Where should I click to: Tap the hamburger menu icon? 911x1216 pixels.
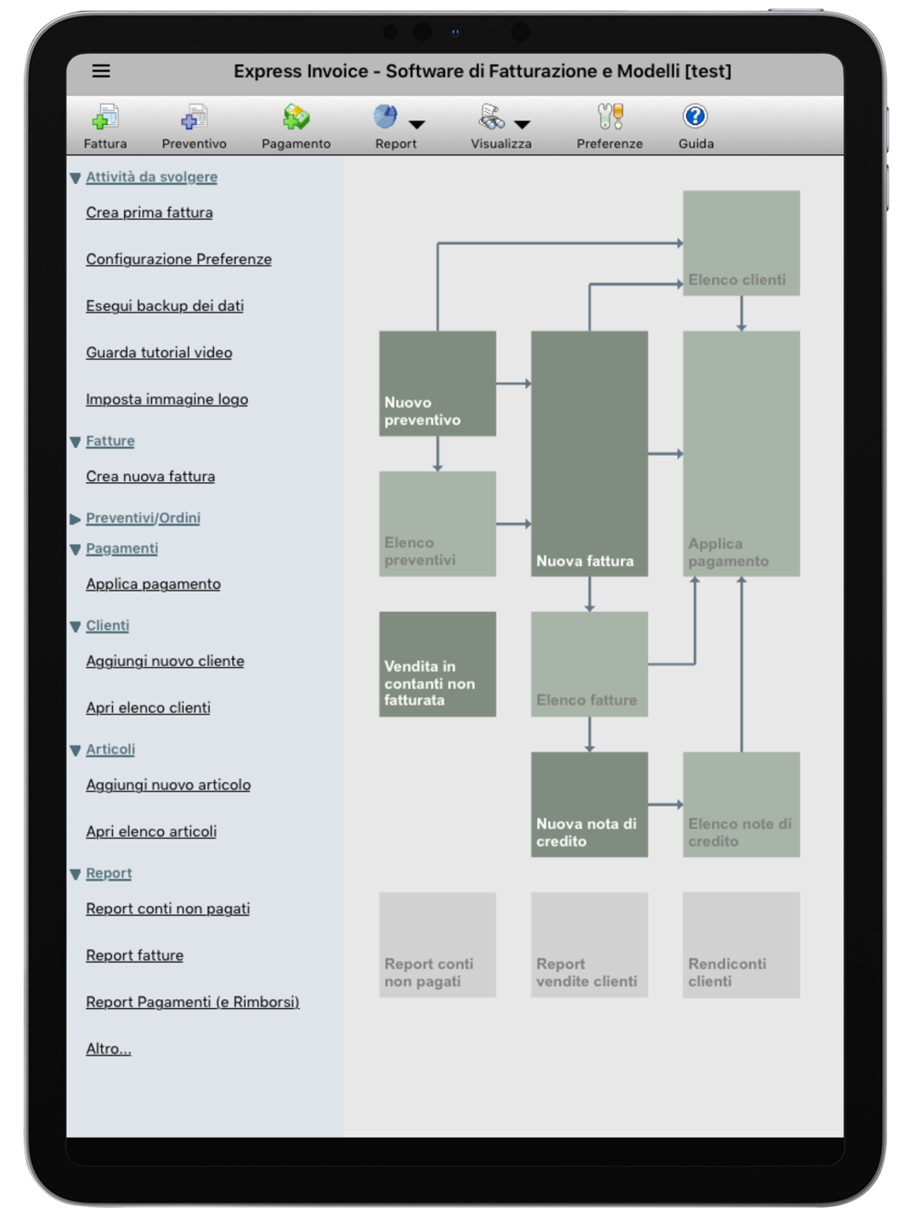(101, 71)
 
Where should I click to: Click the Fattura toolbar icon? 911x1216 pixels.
(105, 117)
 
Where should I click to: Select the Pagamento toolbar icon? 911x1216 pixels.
(296, 117)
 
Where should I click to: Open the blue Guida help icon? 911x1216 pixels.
(695, 117)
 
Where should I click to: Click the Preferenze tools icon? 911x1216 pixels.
(610, 117)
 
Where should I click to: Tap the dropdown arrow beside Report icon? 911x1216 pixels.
(416, 125)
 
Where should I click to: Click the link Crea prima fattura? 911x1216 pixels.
(149, 212)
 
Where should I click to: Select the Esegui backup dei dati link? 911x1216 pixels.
(165, 305)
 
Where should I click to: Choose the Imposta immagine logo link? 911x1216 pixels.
(167, 399)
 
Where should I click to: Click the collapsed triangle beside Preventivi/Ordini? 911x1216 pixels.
(76, 519)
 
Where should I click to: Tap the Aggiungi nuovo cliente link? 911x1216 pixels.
(165, 661)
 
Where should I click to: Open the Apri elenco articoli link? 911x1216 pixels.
(151, 831)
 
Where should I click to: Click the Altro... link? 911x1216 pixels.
(108, 1048)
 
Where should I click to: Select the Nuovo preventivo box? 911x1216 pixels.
(437, 384)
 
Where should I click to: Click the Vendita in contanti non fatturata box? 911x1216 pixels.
(437, 664)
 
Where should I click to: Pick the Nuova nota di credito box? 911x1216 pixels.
(589, 804)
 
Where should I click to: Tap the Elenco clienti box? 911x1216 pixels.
(741, 242)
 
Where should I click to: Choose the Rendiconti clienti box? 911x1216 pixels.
(741, 944)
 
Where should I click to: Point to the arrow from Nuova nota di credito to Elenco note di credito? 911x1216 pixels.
(665, 804)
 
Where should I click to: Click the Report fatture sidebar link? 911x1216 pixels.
(135, 955)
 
